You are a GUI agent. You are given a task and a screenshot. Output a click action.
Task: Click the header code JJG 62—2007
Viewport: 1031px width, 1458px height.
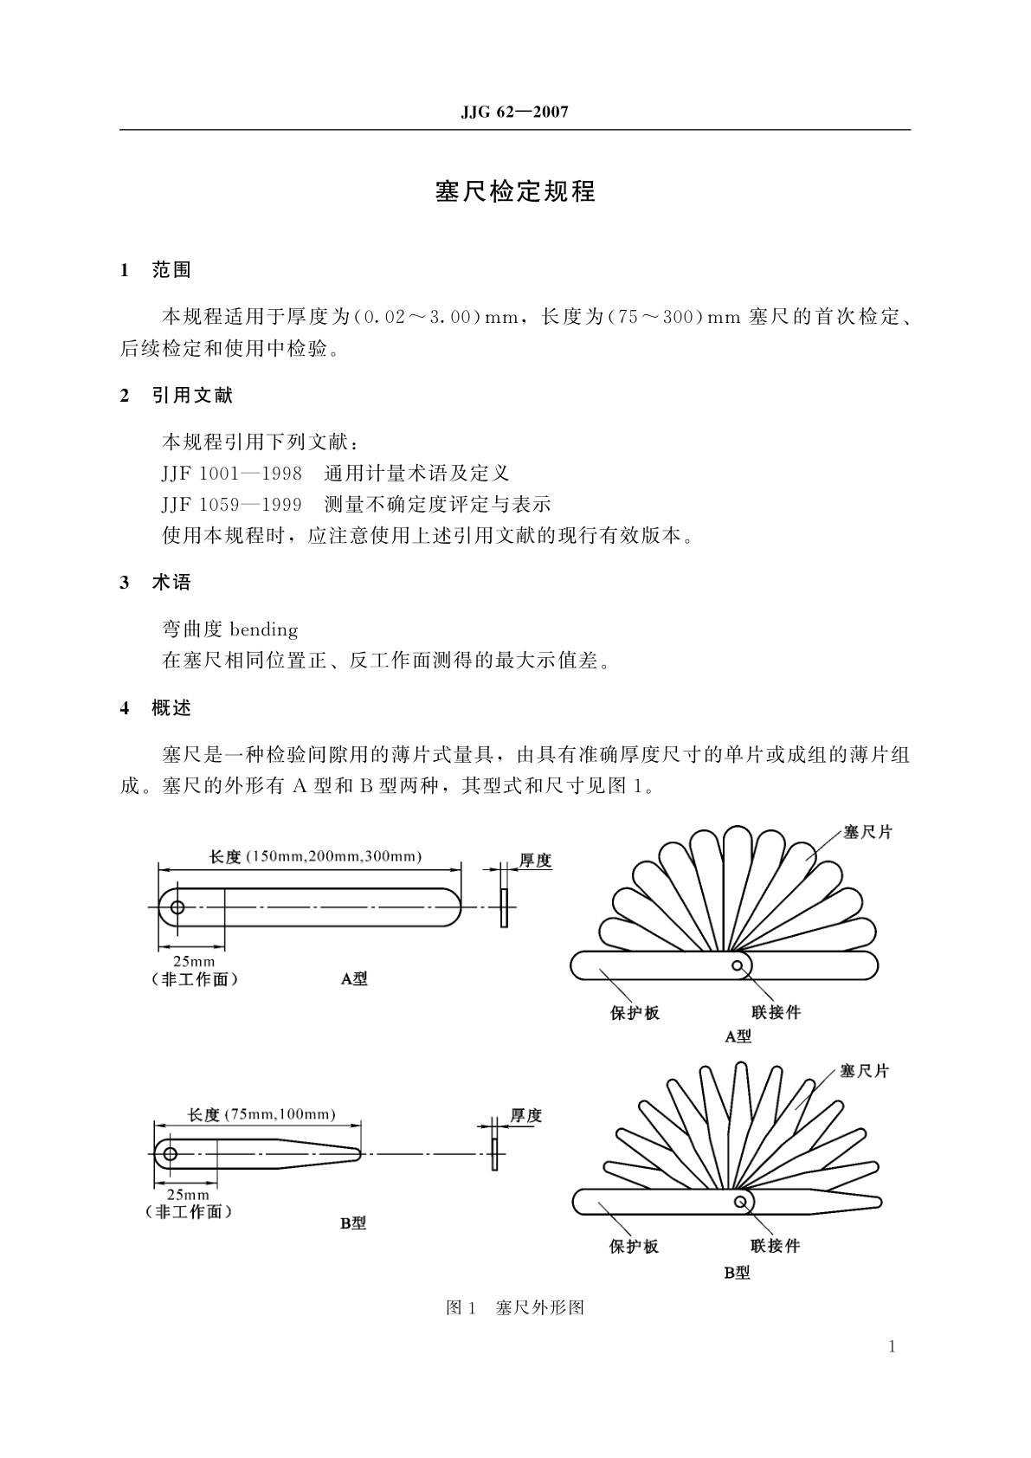tap(514, 113)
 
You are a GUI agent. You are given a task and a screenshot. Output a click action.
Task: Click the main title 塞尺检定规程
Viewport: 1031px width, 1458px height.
tap(515, 191)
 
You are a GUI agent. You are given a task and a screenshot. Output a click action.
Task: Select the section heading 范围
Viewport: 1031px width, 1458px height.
tap(171, 270)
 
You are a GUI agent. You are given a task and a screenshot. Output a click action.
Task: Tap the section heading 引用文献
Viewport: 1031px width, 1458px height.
tap(192, 396)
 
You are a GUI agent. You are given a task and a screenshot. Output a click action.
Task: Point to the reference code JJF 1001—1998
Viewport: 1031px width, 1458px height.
tap(231, 474)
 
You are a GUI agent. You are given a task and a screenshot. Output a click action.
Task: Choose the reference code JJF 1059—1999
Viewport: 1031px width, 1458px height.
tap(231, 505)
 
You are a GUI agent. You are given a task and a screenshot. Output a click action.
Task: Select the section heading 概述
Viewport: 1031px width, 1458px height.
tap(171, 708)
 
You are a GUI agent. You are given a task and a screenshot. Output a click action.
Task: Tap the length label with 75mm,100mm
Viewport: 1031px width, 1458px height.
tap(261, 1114)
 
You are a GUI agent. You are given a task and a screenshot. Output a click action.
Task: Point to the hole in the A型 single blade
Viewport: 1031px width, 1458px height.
tap(177, 907)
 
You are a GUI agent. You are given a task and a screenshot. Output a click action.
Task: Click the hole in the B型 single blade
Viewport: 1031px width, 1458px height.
tap(171, 1154)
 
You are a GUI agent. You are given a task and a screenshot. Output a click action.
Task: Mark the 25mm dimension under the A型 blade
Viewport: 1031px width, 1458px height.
tap(194, 961)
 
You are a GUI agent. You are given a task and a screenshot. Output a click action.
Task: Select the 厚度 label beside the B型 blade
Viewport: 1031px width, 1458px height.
tap(525, 1115)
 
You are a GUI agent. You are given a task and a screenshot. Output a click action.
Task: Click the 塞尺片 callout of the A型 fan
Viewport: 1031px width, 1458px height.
tap(867, 832)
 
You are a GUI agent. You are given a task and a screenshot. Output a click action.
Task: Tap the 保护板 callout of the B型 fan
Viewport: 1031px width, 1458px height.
tap(634, 1246)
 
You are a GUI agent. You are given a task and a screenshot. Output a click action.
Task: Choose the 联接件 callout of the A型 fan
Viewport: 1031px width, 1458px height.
tap(776, 1012)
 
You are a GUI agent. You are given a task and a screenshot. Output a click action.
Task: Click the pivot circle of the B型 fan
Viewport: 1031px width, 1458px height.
tap(740, 1202)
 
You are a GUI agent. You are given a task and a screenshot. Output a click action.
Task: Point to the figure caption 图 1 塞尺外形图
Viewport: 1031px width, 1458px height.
tap(515, 1307)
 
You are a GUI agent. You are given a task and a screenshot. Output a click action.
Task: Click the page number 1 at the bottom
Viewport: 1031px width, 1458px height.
tap(892, 1346)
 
